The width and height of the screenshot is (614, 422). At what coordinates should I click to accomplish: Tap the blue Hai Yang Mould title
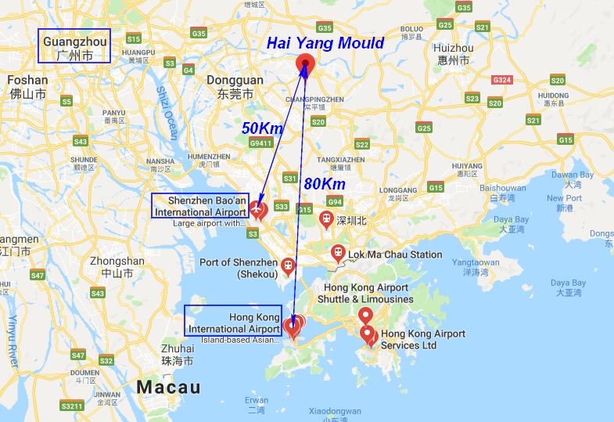325,43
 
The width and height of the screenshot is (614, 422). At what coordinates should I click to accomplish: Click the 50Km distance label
261,128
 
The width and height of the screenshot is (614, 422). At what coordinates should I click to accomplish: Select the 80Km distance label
324,183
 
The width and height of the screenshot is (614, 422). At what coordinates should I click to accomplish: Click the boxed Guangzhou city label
75,47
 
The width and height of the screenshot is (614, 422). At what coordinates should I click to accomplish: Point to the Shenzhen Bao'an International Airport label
200,206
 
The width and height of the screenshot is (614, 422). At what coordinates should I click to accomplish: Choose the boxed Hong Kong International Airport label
233,323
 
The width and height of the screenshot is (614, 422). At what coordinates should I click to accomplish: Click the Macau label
168,388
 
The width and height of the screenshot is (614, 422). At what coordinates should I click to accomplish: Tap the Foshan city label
27,86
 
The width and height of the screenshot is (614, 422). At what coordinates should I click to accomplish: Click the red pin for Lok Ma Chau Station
338,253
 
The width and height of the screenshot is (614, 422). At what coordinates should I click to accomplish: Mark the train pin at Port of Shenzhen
289,267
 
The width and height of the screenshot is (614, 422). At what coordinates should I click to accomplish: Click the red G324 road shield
501,80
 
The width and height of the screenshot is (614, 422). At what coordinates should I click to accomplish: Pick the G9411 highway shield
260,143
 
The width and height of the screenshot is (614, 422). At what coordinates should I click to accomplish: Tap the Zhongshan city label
117,267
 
